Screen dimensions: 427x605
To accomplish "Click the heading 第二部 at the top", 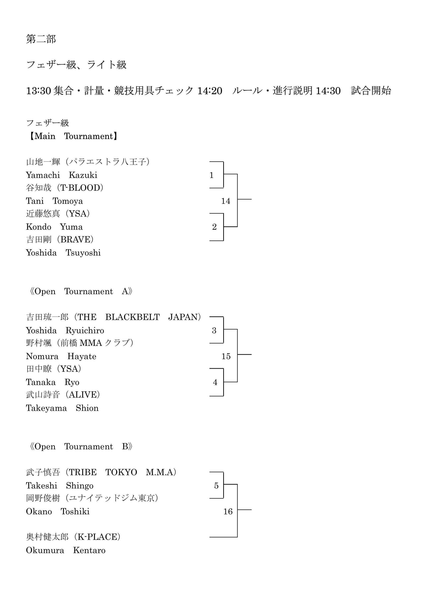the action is coord(41,39).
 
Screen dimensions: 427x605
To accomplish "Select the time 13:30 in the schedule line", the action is coord(38,91).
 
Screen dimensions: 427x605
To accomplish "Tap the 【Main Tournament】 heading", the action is coord(72,136).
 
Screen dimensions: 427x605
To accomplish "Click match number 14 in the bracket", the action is coord(226,201).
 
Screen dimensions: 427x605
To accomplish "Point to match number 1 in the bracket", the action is coord(212,175).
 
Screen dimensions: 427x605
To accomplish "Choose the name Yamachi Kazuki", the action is coord(62,175).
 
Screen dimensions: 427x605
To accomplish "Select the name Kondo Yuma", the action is coord(54,227).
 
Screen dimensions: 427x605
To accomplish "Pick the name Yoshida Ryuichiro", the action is coord(65,330).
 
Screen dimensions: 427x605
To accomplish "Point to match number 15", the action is coord(226,356).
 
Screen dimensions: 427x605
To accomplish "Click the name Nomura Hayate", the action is coord(61,356).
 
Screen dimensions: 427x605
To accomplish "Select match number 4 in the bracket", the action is coord(215,382).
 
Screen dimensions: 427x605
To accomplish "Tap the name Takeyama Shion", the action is coord(62,408).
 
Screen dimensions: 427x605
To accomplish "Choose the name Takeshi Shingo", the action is coord(60,486).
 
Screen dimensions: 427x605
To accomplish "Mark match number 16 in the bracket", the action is coord(228,511).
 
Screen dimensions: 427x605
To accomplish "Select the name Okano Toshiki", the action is coord(58,511).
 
